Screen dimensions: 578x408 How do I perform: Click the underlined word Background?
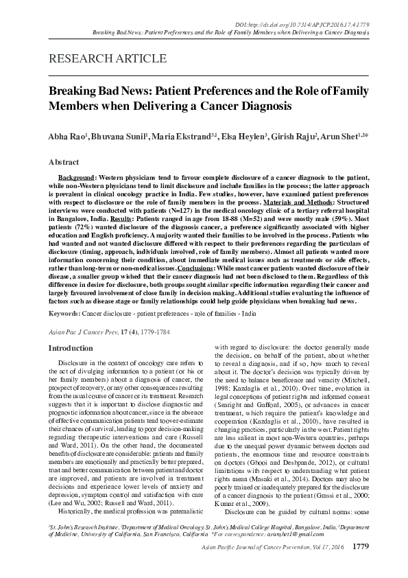(75, 177)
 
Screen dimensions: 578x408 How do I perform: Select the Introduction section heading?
(72, 348)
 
